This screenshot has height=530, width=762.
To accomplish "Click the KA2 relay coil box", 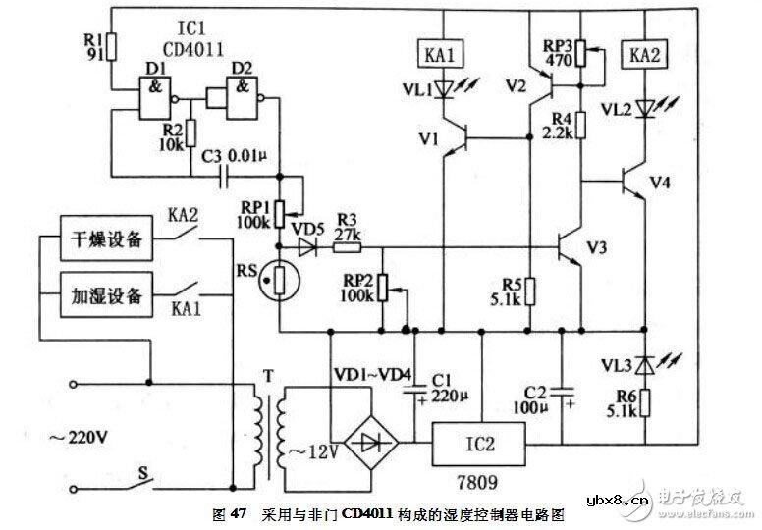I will click(643, 55).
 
